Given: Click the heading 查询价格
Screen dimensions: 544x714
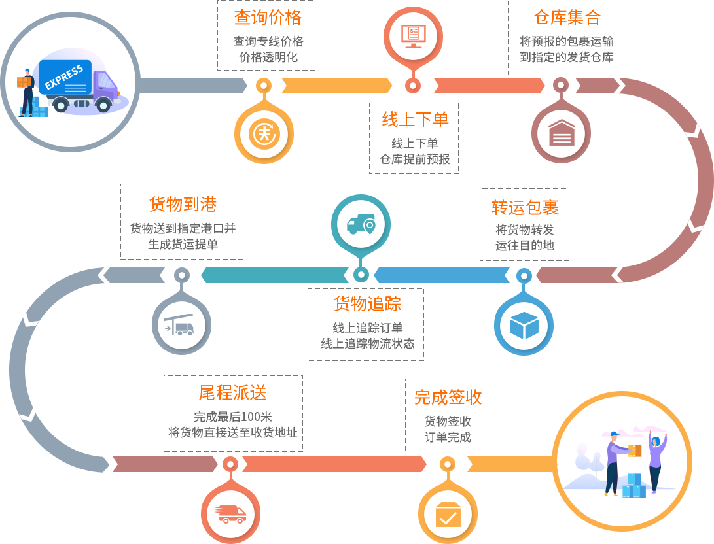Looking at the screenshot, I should coord(267,17).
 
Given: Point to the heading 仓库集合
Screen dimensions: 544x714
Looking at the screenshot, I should coord(567,17).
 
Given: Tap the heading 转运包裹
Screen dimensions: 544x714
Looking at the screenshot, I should coord(525,208).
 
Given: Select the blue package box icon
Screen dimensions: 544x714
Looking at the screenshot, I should coord(524,325).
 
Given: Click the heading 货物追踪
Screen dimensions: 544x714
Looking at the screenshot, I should coord(367,303).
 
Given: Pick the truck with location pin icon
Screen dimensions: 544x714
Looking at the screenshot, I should coord(361,226).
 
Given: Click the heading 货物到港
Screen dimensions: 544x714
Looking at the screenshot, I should coord(183,204).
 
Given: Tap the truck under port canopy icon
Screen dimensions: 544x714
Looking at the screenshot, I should coord(181,325).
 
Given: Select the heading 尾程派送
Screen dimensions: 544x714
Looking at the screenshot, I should coord(232,393).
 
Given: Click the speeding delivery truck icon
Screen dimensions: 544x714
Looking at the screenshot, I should coord(230,514).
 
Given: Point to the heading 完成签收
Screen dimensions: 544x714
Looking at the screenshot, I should coord(448,397).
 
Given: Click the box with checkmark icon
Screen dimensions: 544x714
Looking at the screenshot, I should coord(448,514).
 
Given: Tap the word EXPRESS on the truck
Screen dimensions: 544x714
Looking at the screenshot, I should coord(64,76).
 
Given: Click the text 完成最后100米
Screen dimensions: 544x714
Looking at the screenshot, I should coord(232,417).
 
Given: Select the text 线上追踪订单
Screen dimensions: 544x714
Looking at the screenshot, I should coord(367,328).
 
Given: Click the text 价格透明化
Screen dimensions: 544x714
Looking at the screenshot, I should coord(268,57).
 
